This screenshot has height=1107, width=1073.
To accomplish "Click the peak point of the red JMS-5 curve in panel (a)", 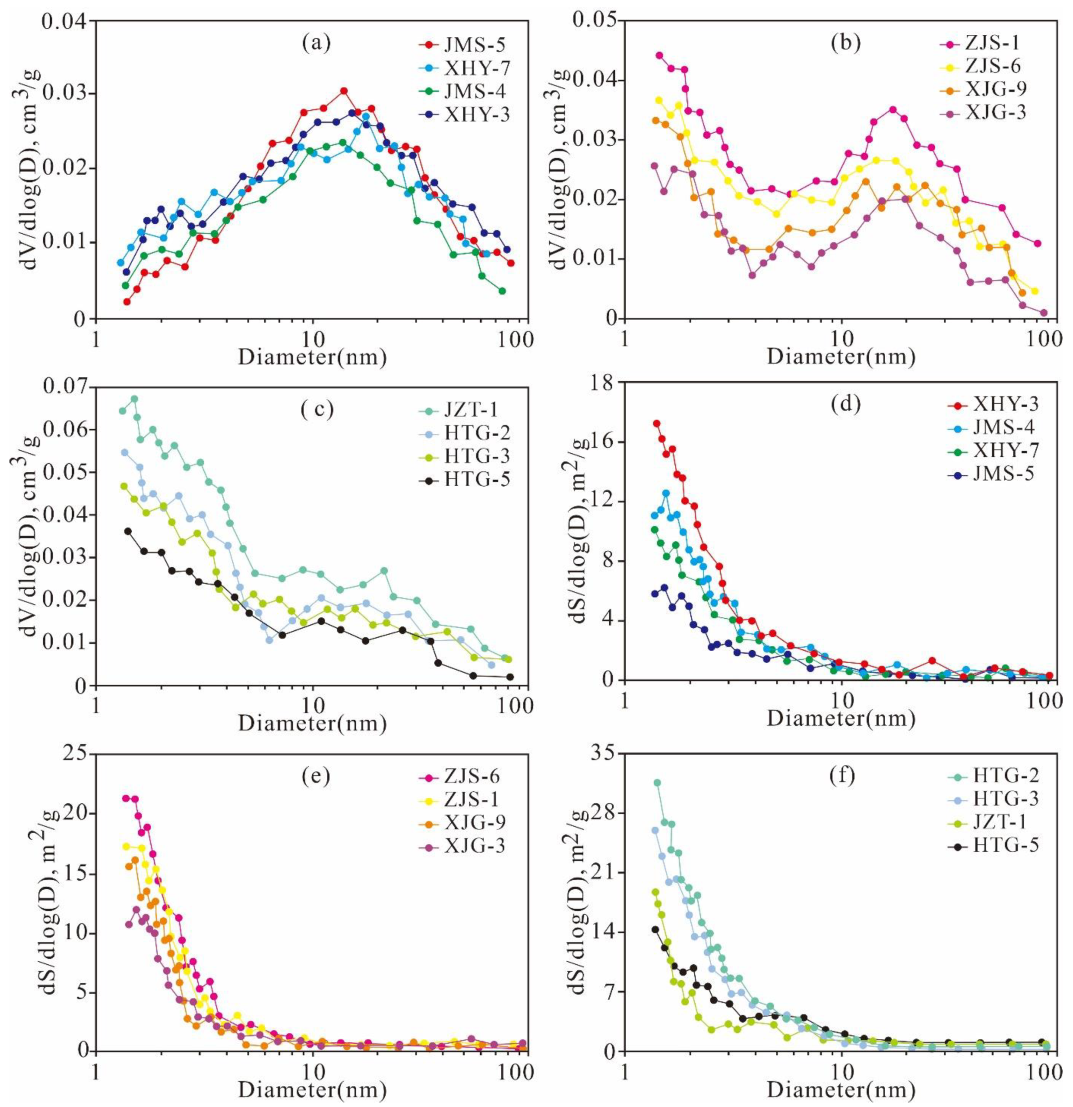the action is point(343,90).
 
